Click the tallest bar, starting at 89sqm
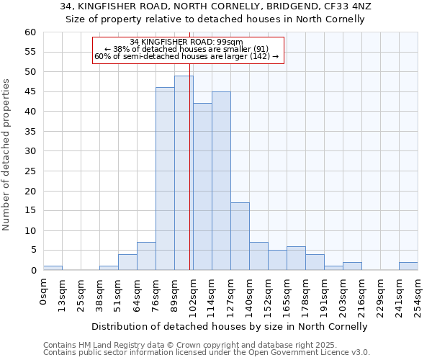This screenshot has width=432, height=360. coord(184,173)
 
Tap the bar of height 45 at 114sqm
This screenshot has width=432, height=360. coord(221,181)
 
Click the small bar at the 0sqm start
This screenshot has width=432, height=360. coord(53,268)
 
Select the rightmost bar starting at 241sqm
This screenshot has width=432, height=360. coord(408,266)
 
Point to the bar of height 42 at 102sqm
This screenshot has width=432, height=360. coord(202,186)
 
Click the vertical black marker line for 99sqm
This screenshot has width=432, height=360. coord(189,144)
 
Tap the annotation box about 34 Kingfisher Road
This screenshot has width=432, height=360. coord(189,50)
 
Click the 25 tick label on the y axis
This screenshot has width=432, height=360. coord(30,171)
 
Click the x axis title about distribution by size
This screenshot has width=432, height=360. coord(230,326)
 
